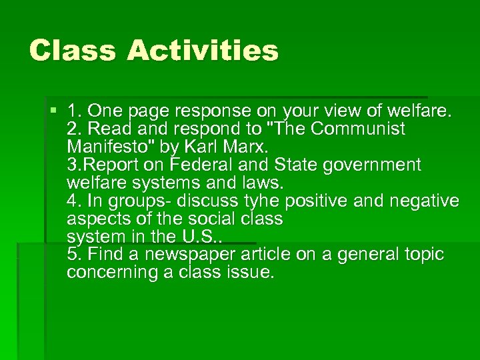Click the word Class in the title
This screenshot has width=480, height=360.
pos(72,51)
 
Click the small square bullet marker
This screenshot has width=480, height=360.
pos(53,109)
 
